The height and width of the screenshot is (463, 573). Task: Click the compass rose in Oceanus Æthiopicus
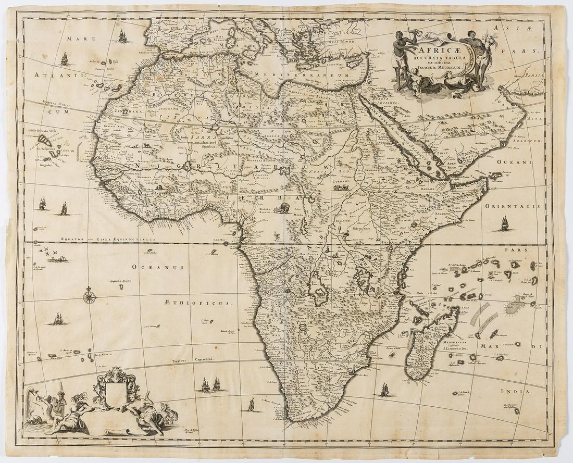tap(90, 297)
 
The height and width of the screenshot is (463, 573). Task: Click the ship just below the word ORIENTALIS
tap(504, 224)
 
